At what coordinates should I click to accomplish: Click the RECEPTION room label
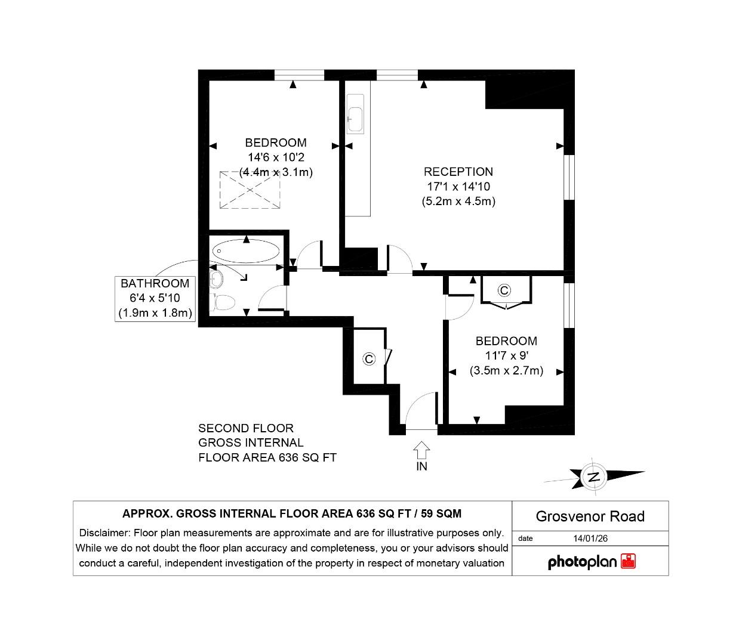click(458, 172)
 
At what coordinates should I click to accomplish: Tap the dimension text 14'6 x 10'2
click(276, 157)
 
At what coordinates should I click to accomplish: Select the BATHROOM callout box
click(155, 298)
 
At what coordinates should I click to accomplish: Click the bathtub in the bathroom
click(245, 252)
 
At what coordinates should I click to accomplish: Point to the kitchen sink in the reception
click(355, 119)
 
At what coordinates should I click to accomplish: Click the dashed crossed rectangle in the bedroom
click(251, 190)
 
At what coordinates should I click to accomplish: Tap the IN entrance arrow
click(421, 450)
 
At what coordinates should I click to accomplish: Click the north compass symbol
click(593, 476)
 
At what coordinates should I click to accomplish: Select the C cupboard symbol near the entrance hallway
click(369, 358)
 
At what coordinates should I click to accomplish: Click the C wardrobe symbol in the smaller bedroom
click(504, 290)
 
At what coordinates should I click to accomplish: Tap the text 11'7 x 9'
click(506, 355)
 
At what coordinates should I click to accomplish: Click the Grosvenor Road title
click(590, 516)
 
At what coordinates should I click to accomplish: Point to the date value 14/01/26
click(590, 538)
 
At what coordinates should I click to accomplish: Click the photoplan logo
click(591, 562)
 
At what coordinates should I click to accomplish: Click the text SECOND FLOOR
click(246, 428)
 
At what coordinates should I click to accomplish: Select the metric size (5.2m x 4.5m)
click(458, 202)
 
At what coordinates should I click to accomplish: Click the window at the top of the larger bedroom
click(299, 75)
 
